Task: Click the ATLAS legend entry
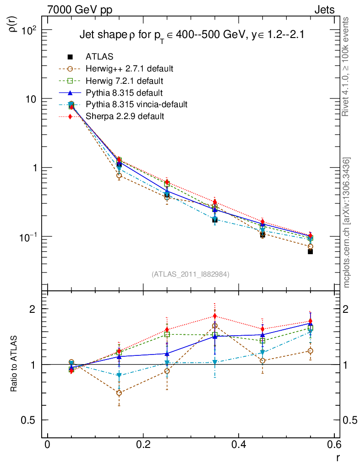pyautogui.click(x=99, y=57)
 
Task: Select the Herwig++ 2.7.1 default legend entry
pyautogui.click(x=129, y=69)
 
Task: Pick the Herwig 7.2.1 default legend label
pyautogui.click(x=124, y=81)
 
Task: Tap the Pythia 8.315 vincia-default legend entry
pyautogui.click(x=136, y=104)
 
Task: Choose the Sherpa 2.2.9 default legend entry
pyautogui.click(x=125, y=116)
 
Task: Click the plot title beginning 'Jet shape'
pyautogui.click(x=192, y=35)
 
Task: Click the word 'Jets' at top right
pyautogui.click(x=324, y=10)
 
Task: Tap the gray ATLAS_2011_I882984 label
pyautogui.click(x=191, y=274)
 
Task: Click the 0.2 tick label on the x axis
pyautogui.click(x=143, y=445)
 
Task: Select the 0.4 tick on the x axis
pyautogui.click(x=239, y=445)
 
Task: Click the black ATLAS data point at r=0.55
pyautogui.click(x=311, y=251)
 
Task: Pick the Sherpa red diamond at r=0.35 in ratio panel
pyautogui.click(x=215, y=316)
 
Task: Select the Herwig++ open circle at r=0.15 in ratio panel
pyautogui.click(x=119, y=393)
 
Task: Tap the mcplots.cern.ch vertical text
pyautogui.click(x=347, y=223)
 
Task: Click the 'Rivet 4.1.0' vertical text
pyautogui.click(x=347, y=67)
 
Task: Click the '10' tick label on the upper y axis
pyautogui.click(x=33, y=99)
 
